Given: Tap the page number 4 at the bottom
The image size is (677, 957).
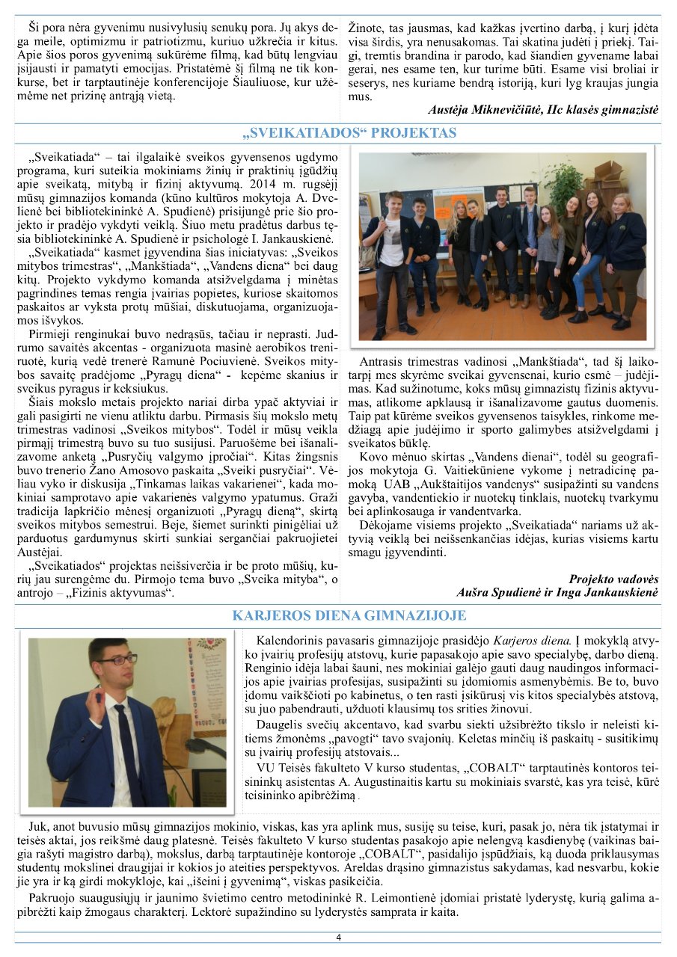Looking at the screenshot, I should pos(338,938).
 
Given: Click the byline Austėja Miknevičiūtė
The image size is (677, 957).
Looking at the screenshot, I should pos(494,109).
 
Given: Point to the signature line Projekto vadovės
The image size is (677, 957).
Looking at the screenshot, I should pos(613,579).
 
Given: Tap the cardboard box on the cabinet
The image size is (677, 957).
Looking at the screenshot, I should pos(606,175).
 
